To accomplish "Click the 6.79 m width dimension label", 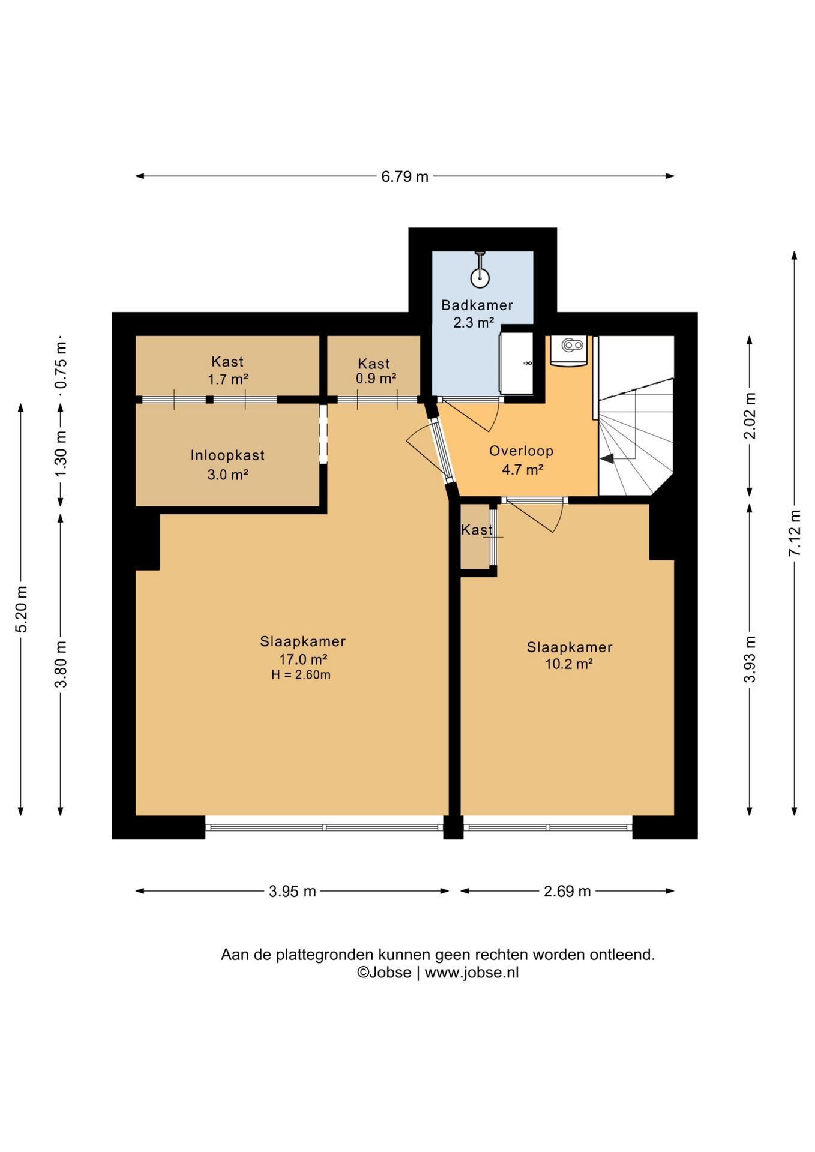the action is tap(404, 176).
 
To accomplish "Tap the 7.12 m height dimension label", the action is tap(795, 533).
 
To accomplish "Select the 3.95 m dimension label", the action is tap(292, 891).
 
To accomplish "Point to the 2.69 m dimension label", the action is tap(567, 891).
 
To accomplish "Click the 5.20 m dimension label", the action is tap(22, 609).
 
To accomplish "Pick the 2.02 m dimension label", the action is tap(750, 415).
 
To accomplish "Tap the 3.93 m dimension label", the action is tap(750, 659).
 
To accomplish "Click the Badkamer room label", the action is tap(477, 305).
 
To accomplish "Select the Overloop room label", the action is tap(521, 451).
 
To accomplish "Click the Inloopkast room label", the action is tap(227, 455).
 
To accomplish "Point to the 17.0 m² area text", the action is tap(303, 659).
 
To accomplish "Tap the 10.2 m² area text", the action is tap(569, 664).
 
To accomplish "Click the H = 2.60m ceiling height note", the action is tap(301, 675).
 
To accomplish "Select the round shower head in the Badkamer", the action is tap(480, 278).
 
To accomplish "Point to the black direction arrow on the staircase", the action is tap(607, 458).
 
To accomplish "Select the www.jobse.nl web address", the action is tap(472, 973).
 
